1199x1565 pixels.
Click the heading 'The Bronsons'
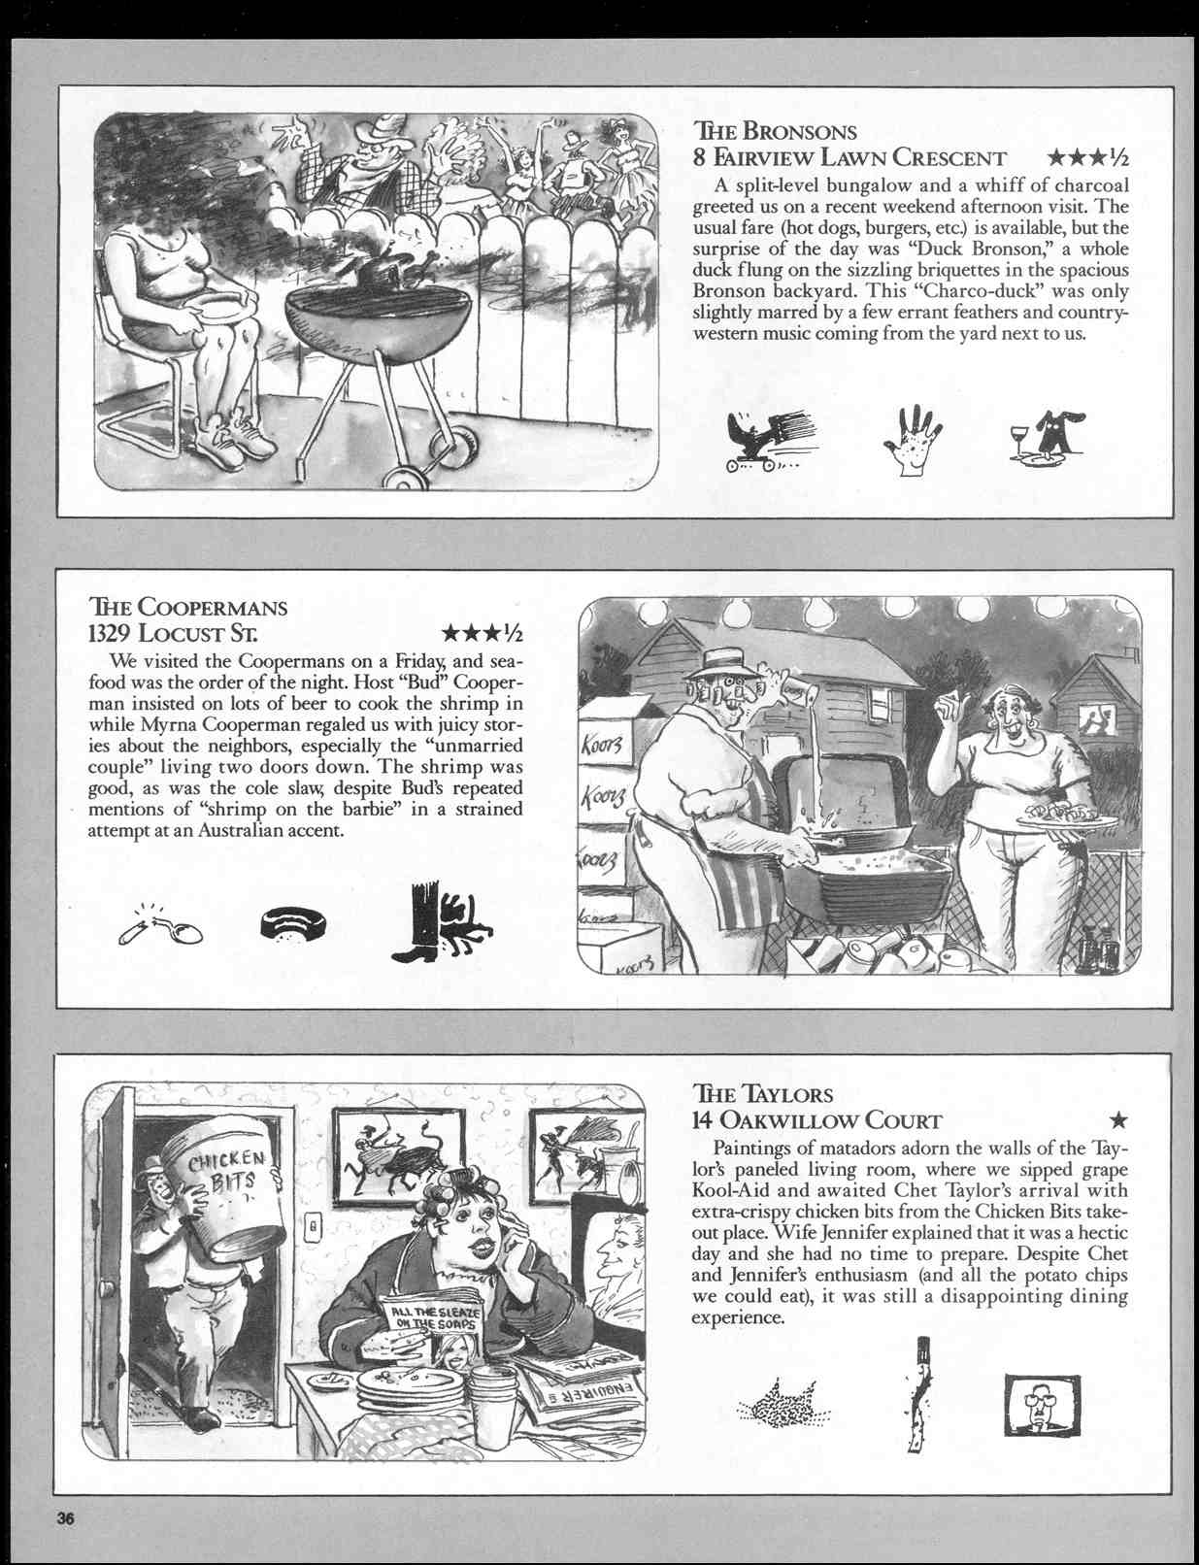775,131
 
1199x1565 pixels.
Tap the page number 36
65,1519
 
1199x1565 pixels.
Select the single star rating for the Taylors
1118,1120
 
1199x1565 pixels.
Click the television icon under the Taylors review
1041,1404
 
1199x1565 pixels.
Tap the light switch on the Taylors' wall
313,1227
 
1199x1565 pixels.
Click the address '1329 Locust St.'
173,634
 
